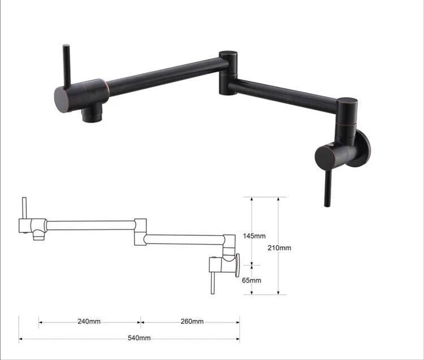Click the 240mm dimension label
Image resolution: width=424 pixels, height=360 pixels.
pos(89,322)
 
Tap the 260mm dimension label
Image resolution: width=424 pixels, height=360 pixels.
pos(192,322)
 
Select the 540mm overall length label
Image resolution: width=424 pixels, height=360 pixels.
pos(139,338)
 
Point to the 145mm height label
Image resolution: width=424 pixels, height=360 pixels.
pos(254,236)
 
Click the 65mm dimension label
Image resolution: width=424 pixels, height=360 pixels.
pos(252,280)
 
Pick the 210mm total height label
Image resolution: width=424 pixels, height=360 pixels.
pos(279,248)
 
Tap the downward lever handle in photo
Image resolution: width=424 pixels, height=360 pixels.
pos(328,188)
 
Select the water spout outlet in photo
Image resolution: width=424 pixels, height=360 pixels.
pos(92,113)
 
